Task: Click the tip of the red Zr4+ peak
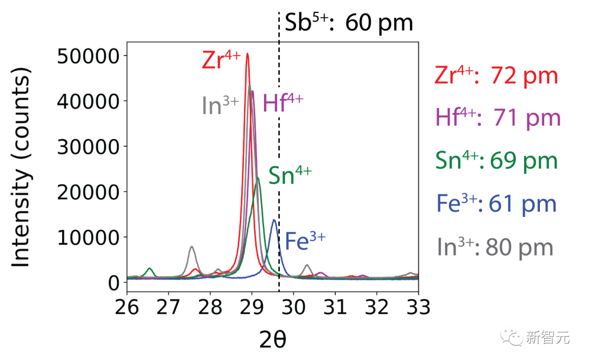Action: [x=248, y=53]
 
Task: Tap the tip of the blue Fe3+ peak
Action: [x=274, y=220]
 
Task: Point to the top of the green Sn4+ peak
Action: [x=258, y=177]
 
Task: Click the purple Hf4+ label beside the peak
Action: [x=283, y=103]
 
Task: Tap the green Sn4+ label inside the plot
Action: [x=289, y=177]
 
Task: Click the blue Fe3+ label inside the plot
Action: [x=305, y=241]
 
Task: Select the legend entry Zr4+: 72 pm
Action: [x=496, y=76]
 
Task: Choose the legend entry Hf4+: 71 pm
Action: [x=498, y=118]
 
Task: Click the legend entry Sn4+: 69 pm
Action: [x=496, y=160]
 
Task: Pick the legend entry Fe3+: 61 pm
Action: [x=496, y=203]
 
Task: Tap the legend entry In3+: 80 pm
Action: [x=495, y=247]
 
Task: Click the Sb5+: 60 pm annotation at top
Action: [x=349, y=23]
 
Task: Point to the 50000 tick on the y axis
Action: [x=87, y=56]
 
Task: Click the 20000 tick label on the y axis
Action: [x=87, y=192]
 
